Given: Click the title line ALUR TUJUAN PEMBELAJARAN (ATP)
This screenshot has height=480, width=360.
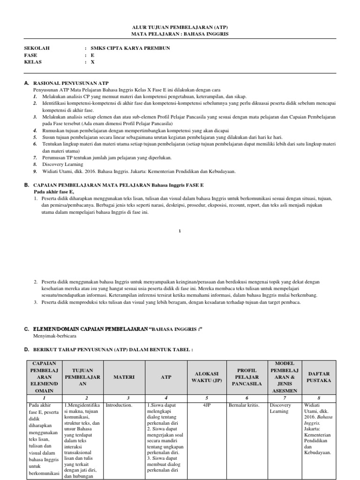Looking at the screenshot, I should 180,28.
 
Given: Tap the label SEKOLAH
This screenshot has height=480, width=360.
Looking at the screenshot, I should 37,48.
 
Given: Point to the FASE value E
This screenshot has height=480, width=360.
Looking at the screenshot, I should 92,55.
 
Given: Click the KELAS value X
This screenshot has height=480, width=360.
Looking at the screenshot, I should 92,61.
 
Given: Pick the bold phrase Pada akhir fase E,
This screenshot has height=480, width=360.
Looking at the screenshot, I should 54,192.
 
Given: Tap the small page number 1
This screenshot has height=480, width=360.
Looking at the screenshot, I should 180,230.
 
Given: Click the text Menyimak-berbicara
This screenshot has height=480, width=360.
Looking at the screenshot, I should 54,336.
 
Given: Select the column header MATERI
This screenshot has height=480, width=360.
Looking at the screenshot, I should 124,376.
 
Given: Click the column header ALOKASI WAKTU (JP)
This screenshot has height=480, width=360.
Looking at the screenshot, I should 207,376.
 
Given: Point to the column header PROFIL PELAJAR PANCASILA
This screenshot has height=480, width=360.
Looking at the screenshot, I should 247,376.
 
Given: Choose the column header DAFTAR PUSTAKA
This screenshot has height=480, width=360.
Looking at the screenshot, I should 319,376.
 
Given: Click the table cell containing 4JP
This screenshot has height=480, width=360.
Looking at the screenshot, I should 207,405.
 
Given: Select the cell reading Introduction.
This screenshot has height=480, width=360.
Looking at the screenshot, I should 119,405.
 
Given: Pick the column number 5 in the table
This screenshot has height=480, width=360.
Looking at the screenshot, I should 207,397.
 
